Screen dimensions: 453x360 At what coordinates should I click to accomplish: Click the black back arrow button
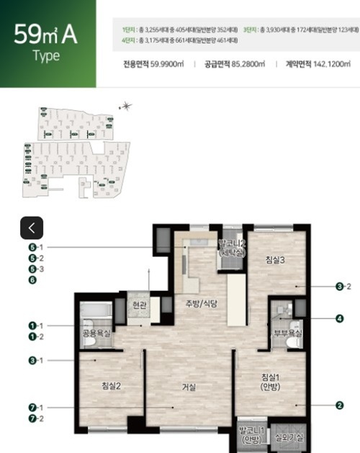32,228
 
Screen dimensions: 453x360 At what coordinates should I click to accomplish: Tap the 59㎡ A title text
46,35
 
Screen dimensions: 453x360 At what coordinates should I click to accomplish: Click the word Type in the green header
46,56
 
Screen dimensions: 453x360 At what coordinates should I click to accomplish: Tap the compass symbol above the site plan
127,107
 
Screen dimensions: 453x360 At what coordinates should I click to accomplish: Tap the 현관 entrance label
138,306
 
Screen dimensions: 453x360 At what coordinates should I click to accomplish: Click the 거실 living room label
191,387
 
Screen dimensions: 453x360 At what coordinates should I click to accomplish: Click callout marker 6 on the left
32,280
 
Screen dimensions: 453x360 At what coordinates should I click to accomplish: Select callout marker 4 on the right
340,318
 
